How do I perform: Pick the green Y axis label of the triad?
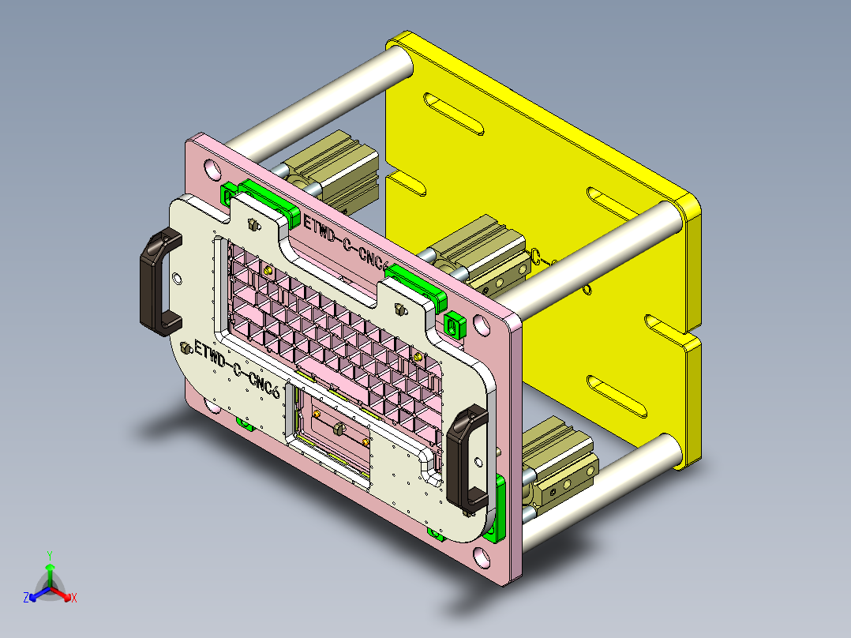pyautogui.click(x=50, y=555)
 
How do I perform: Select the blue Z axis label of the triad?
pyautogui.click(x=26, y=599)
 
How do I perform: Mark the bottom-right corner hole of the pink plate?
pyautogui.click(x=482, y=557)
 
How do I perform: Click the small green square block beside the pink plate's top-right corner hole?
pyautogui.click(x=454, y=324)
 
